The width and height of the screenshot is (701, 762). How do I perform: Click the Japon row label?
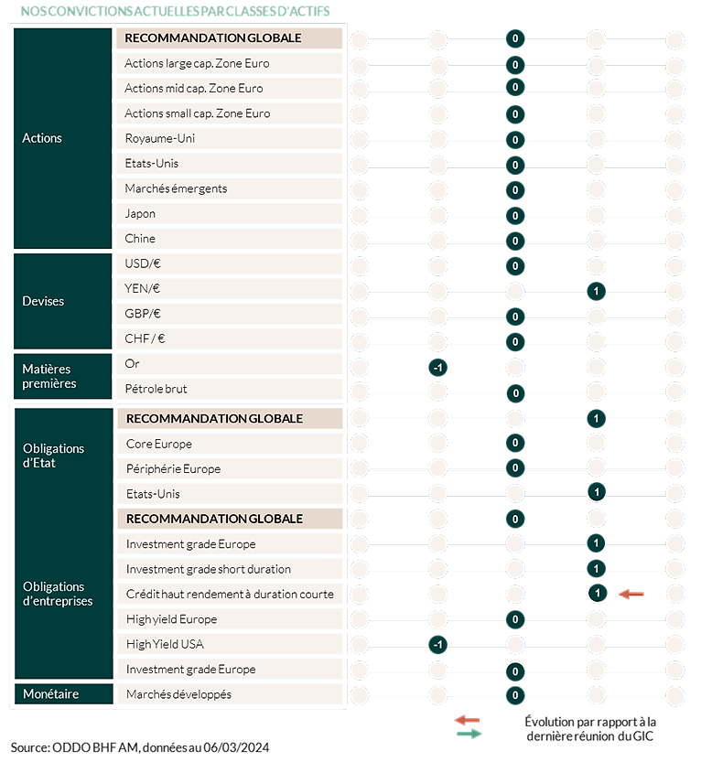(140, 214)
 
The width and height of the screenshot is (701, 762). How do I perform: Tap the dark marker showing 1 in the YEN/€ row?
(596, 291)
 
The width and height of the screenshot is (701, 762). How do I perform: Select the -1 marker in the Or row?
(437, 368)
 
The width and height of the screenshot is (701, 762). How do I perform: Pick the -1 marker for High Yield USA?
(437, 645)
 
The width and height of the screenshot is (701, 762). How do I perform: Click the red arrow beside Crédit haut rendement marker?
(631, 594)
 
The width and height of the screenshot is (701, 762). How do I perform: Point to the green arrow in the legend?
(469, 734)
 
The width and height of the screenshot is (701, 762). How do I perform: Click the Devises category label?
(43, 301)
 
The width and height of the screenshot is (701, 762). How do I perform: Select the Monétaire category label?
(50, 694)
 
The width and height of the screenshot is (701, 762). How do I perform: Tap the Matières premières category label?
(49, 376)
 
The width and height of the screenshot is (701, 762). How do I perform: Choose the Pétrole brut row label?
(156, 389)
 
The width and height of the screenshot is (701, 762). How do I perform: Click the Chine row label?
(140, 239)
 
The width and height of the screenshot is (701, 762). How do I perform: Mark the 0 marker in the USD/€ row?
(515, 266)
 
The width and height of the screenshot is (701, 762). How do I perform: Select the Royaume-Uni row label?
(160, 138)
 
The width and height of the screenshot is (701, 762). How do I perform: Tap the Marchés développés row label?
(178, 694)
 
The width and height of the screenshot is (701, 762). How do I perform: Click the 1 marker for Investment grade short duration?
(596, 568)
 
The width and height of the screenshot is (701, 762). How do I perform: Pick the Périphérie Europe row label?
(173, 469)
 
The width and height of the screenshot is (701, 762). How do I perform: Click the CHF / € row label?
(145, 338)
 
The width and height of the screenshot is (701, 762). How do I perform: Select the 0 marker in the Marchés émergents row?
(515, 190)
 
